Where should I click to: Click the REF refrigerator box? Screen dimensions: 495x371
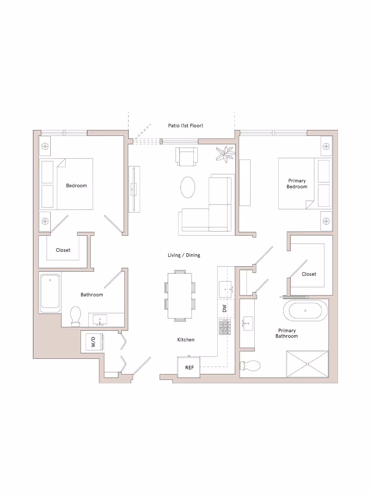(189, 367)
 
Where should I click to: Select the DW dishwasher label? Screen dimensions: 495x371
(224, 308)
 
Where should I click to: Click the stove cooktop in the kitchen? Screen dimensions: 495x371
(225, 327)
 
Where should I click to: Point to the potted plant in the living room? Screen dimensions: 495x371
(225, 154)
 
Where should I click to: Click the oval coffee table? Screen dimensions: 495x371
(188, 187)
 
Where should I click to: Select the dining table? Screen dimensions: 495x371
(180, 295)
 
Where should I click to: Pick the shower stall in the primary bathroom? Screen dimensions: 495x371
(307, 364)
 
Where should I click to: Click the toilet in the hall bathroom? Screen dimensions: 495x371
(75, 316)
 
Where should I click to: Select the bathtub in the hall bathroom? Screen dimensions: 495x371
(50, 293)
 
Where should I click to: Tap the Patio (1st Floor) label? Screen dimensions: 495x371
(185, 125)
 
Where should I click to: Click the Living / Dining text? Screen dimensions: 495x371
(184, 255)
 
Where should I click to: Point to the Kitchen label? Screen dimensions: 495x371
(186, 339)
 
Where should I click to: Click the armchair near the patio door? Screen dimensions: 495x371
(187, 157)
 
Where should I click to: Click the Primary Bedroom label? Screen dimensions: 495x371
(297, 184)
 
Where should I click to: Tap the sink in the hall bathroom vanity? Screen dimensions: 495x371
(100, 320)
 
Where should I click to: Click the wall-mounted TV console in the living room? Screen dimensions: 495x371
(134, 189)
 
